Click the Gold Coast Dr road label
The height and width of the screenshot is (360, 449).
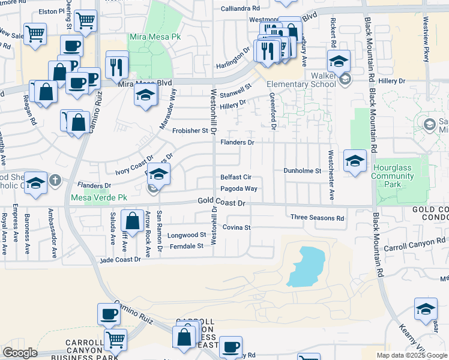[x=222, y=203]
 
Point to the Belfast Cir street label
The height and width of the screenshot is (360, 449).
[x=235, y=178]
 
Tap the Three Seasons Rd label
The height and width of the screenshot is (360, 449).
[x=317, y=217]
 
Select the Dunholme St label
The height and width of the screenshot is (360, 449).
[x=303, y=170]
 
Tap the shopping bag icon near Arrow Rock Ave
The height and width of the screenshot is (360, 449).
[x=133, y=221]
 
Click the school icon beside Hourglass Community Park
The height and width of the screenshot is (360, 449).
[x=355, y=161]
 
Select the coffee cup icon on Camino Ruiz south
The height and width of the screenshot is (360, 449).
[x=109, y=314]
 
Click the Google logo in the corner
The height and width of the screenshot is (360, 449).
[x=20, y=353]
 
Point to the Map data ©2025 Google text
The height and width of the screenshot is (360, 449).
[x=412, y=355]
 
